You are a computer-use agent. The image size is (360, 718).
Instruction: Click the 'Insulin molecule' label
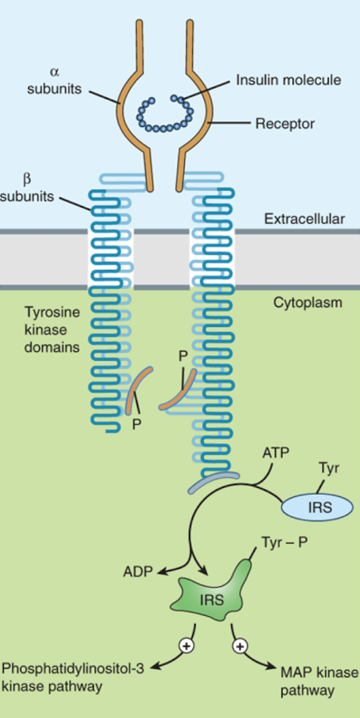(x=289, y=81)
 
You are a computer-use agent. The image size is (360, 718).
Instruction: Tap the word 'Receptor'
(x=285, y=123)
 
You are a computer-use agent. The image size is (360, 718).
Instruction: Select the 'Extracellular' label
(x=304, y=219)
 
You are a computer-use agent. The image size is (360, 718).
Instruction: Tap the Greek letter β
(x=27, y=179)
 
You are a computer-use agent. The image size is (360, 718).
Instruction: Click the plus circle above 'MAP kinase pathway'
(x=238, y=647)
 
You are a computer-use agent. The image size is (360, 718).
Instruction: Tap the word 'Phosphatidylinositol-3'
(x=73, y=669)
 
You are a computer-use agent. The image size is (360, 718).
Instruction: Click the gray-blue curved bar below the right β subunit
(x=214, y=481)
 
